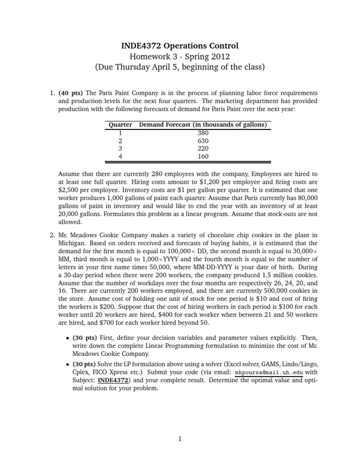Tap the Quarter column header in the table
[120, 125]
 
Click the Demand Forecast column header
[203, 125]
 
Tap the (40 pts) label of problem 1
[71, 93]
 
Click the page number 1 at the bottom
[180, 439]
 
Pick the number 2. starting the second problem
[52, 235]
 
